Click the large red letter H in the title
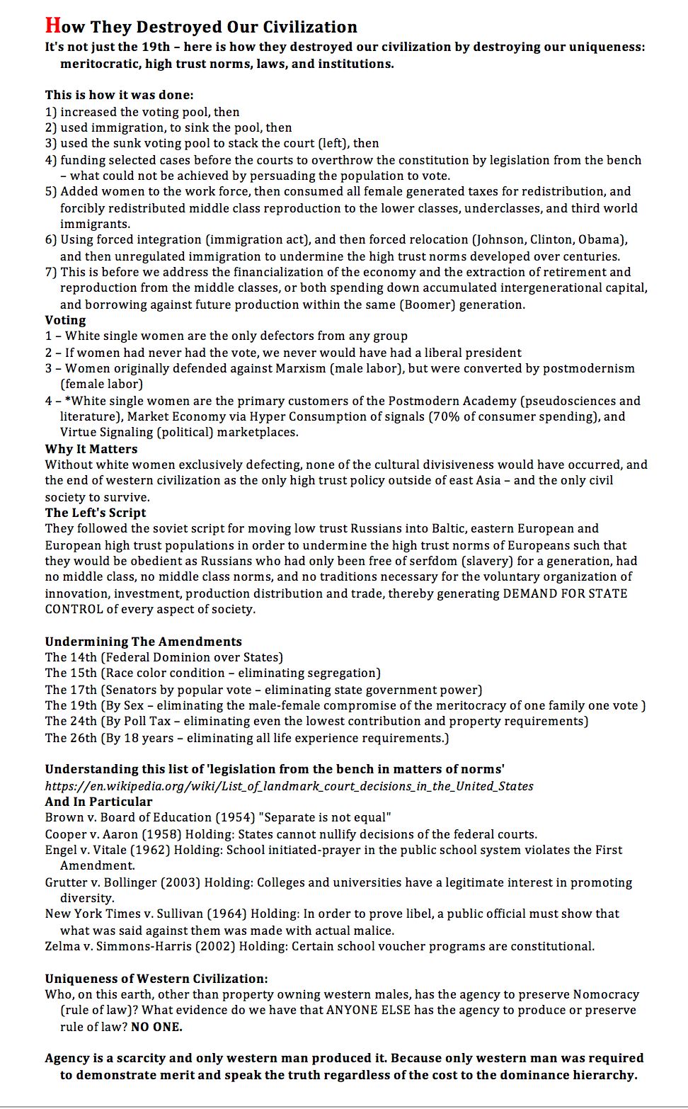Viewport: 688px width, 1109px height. tap(53, 25)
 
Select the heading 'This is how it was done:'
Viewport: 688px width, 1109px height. tap(119, 95)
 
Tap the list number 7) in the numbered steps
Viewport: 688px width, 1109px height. tap(51, 272)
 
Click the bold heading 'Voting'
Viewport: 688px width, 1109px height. tap(65, 320)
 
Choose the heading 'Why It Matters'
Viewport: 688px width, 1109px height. tap(91, 449)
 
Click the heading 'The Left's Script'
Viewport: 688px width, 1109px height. tap(96, 513)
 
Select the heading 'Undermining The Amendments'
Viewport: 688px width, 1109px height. tap(143, 642)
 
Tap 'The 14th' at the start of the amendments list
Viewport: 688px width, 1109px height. tap(71, 657)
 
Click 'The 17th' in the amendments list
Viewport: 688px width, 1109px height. tap(71, 690)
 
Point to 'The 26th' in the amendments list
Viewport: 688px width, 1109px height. tap(71, 738)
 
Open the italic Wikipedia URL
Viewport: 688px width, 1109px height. tap(289, 786)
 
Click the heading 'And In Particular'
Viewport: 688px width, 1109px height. tap(98, 802)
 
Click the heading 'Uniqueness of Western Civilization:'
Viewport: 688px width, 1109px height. tap(156, 979)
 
